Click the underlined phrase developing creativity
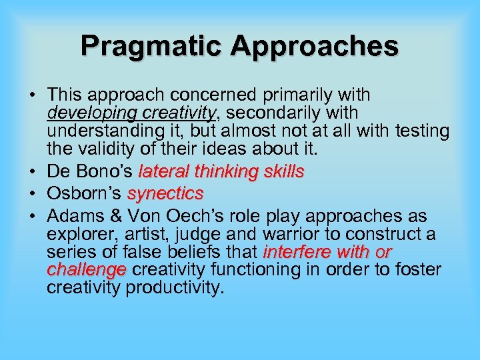(x=132, y=113)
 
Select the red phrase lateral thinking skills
(x=221, y=172)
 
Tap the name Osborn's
(x=84, y=194)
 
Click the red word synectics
(x=165, y=194)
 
